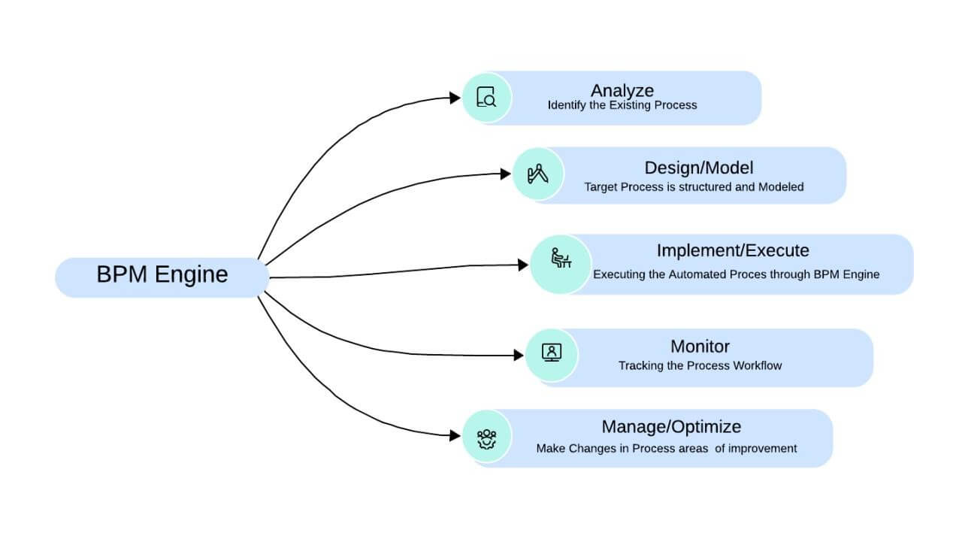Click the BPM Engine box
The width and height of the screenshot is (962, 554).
[162, 275]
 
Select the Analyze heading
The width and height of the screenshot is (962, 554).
[622, 91]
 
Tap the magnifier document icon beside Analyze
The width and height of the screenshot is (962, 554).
[486, 98]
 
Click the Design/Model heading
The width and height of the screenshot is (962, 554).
[698, 168]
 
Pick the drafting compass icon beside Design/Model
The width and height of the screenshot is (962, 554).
[537, 174]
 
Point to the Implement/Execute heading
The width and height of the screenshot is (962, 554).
[732, 250]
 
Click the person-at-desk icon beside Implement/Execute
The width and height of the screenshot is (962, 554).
[560, 259]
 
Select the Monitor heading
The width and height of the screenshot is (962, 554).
[700, 347]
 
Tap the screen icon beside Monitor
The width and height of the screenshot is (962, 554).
[551, 353]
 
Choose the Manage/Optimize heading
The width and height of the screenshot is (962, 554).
[670, 427]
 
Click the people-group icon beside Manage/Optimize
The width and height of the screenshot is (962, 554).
[486, 437]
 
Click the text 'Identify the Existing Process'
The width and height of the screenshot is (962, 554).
[622, 106]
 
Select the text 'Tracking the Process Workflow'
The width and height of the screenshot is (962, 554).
[700, 366]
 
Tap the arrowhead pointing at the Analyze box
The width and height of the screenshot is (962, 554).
[455, 98]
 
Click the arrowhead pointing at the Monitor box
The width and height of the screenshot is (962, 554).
[519, 355]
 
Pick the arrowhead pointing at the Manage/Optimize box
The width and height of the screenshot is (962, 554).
[455, 435]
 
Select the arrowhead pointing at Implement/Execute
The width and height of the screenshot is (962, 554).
[524, 265]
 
